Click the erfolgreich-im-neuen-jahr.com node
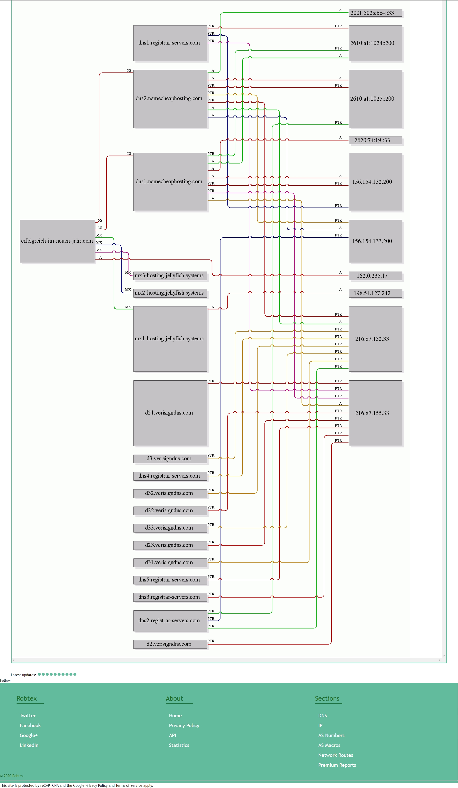pyautogui.click(x=57, y=241)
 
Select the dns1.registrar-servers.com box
pyautogui.click(x=170, y=43)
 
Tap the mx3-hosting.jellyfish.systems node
pyautogui.click(x=170, y=276)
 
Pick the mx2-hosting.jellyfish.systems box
pyautogui.click(x=170, y=293)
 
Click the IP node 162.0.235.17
pyautogui.click(x=375, y=276)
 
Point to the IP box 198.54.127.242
pyautogui.click(x=375, y=293)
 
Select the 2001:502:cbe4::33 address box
pyautogui.click(x=375, y=13)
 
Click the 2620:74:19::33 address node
pyautogui.click(x=375, y=140)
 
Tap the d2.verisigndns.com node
pyautogui.click(x=170, y=644)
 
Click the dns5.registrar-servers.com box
pyautogui.click(x=170, y=580)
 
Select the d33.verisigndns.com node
pyautogui.click(x=170, y=528)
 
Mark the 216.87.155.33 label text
pyautogui.click(x=372, y=413)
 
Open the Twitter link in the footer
pyautogui.click(x=27, y=716)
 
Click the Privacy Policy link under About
pyautogui.click(x=184, y=725)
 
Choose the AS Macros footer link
pyautogui.click(x=329, y=745)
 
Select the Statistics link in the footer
pyautogui.click(x=179, y=745)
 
